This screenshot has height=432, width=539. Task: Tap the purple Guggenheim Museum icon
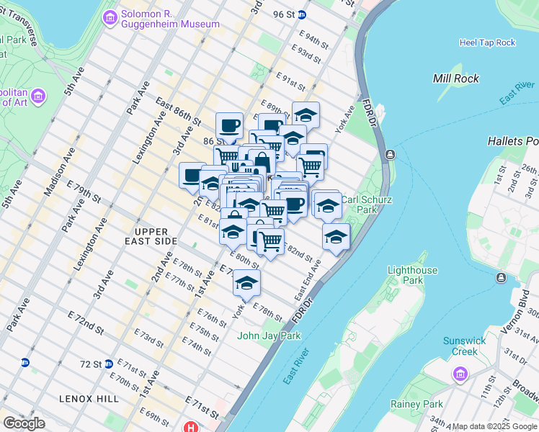110,18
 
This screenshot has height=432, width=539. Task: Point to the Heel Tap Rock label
487,42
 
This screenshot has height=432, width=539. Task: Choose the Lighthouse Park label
412,275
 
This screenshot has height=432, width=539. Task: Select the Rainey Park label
416,404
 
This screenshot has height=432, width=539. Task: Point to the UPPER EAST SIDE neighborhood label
151,235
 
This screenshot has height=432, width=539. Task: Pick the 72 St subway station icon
108,364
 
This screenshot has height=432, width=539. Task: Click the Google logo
24,423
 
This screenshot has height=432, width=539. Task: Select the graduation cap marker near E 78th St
246,283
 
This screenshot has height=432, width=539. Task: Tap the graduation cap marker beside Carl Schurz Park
336,236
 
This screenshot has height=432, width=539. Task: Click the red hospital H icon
190,427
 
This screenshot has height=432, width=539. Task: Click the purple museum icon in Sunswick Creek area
460,374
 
